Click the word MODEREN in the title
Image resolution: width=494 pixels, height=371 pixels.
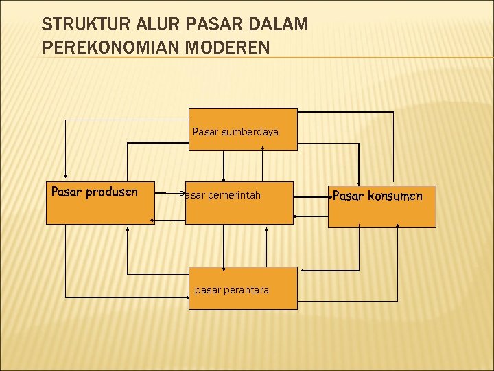(233, 48)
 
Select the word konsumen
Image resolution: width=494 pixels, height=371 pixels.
(395, 196)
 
